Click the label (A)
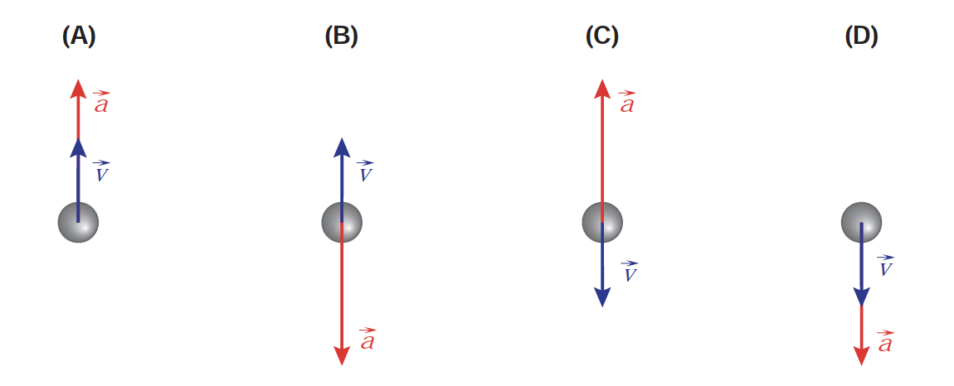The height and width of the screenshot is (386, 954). point(80,36)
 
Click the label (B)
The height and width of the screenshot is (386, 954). point(341,36)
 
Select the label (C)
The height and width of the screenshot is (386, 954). point(602,36)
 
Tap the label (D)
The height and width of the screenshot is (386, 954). point(861,36)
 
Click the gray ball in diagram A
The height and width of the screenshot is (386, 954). point(78,222)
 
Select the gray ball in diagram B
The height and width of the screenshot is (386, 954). point(342,223)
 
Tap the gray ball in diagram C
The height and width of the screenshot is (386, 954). point(602,222)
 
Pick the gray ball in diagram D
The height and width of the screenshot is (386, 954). point(861,222)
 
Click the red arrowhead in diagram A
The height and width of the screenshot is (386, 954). point(78,89)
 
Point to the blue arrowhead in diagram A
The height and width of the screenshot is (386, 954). point(78,147)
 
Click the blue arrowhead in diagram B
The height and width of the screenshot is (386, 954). point(342,147)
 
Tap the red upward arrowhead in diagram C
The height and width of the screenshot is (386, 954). point(602,89)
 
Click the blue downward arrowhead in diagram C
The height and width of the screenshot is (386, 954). point(602,297)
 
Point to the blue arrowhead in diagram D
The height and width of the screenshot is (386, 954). point(861,296)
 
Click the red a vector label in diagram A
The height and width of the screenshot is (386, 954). point(101,103)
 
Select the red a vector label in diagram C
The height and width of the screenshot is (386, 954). point(627,103)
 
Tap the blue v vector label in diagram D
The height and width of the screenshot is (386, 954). point(885,266)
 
